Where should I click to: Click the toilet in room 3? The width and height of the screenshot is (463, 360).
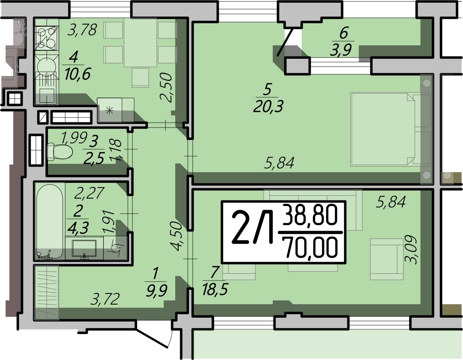point(60,152)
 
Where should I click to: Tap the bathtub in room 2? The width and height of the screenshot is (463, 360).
point(50,222)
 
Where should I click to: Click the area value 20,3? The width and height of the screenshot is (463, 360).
point(268,106)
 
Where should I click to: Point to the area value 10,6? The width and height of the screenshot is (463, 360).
point(78,74)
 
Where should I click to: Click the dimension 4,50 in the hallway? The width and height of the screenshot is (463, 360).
point(177,236)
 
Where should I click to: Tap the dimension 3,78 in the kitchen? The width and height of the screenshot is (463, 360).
point(83,30)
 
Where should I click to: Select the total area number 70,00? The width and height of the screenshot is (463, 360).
point(312,247)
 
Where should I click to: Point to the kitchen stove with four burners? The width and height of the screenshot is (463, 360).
point(47,38)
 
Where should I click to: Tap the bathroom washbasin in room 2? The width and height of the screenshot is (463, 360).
point(84,248)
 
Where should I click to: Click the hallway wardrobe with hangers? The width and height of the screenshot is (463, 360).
point(47,293)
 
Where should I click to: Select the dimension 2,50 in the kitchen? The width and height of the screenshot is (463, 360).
point(166,88)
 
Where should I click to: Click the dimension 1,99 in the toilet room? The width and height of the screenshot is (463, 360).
point(74,138)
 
